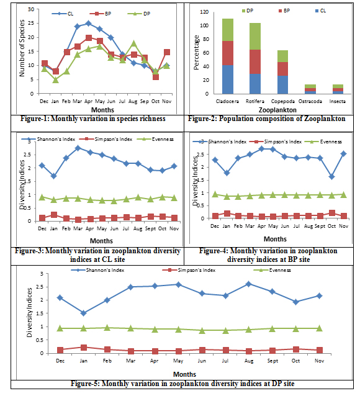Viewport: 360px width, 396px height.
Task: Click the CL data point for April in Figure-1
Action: click(88, 24)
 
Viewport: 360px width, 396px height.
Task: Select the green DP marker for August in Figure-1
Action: click(133, 43)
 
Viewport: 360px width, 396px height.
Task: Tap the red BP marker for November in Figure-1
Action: click(167, 52)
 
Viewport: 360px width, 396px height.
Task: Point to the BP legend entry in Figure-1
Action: click(101, 14)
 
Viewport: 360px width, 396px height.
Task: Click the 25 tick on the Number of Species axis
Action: click(31, 23)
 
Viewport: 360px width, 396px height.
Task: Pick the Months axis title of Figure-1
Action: click(102, 110)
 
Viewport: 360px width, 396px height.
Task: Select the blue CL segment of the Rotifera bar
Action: click(255, 84)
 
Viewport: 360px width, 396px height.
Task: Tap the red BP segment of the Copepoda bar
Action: click(282, 69)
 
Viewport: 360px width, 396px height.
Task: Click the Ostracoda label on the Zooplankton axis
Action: click(310, 101)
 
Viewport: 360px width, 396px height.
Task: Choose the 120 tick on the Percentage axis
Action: click(204, 12)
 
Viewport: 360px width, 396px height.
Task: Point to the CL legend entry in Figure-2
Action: click(321, 11)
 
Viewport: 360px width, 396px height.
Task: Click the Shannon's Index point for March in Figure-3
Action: click(78, 148)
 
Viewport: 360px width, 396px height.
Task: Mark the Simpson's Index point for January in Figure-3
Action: click(53, 215)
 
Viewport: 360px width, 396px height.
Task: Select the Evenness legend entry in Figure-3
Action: click(155, 139)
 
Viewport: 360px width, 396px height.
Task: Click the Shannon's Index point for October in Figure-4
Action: click(331, 177)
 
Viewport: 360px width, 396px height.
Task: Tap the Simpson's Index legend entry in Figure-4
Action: click(276, 142)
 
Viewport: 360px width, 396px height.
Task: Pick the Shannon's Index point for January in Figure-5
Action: click(84, 313)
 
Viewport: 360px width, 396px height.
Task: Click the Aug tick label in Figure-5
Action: click(249, 361)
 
